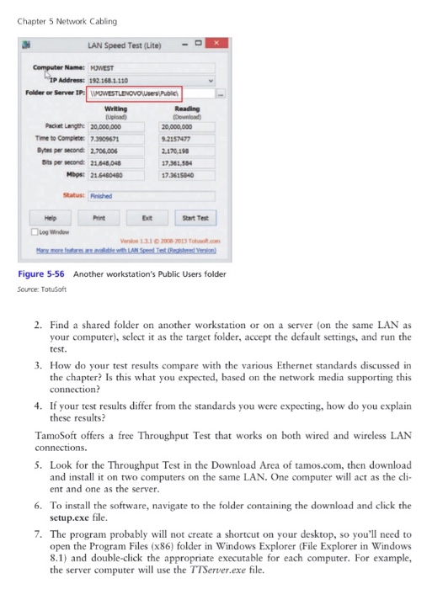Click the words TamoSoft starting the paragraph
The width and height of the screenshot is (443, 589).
pyautogui.click(x=55, y=435)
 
